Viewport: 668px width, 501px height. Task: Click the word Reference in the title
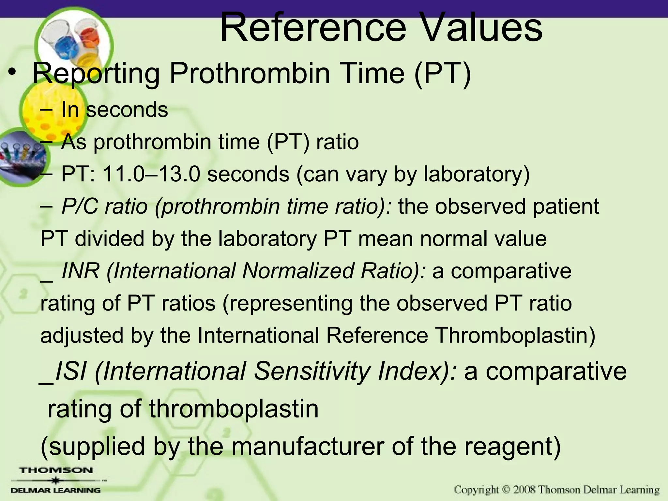313,28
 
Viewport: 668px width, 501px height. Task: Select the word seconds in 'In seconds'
127,110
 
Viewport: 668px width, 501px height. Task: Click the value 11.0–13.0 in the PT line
151,174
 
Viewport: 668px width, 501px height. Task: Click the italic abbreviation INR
81,271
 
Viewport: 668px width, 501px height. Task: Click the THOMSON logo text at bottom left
56,470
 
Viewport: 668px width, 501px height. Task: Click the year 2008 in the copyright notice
524,490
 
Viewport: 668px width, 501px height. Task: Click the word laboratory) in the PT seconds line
477,174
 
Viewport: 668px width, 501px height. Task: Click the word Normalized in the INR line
298,271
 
